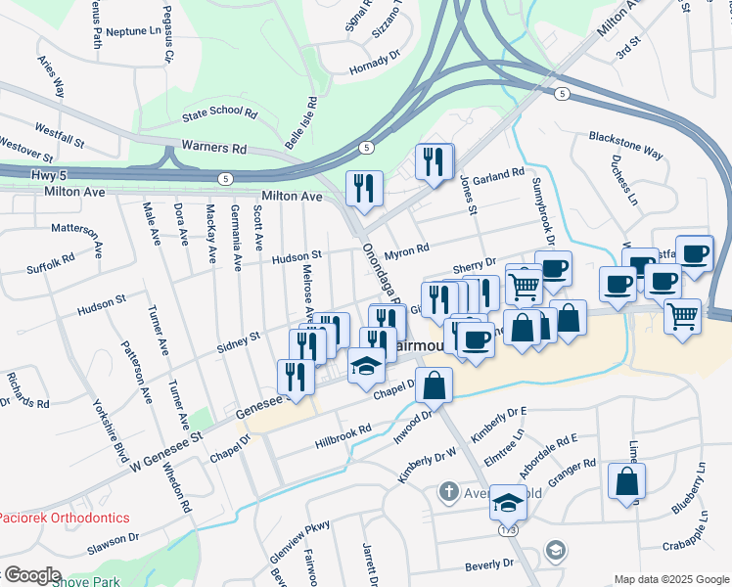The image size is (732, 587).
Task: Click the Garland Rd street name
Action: [x=498, y=176]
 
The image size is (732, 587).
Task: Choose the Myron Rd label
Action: [x=407, y=249]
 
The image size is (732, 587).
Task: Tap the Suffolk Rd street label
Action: [x=51, y=264]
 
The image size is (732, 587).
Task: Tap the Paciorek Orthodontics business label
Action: [x=65, y=516]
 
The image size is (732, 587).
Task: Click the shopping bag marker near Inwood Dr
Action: [x=434, y=384]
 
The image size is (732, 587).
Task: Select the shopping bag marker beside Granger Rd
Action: [x=626, y=480]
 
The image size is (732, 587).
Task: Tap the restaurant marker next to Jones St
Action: [x=434, y=159]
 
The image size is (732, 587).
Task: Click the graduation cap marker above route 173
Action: [x=508, y=502]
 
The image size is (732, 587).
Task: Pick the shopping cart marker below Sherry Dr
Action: [x=525, y=285]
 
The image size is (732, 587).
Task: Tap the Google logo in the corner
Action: [x=31, y=575]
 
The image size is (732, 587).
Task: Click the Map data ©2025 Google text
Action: [x=669, y=579]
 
